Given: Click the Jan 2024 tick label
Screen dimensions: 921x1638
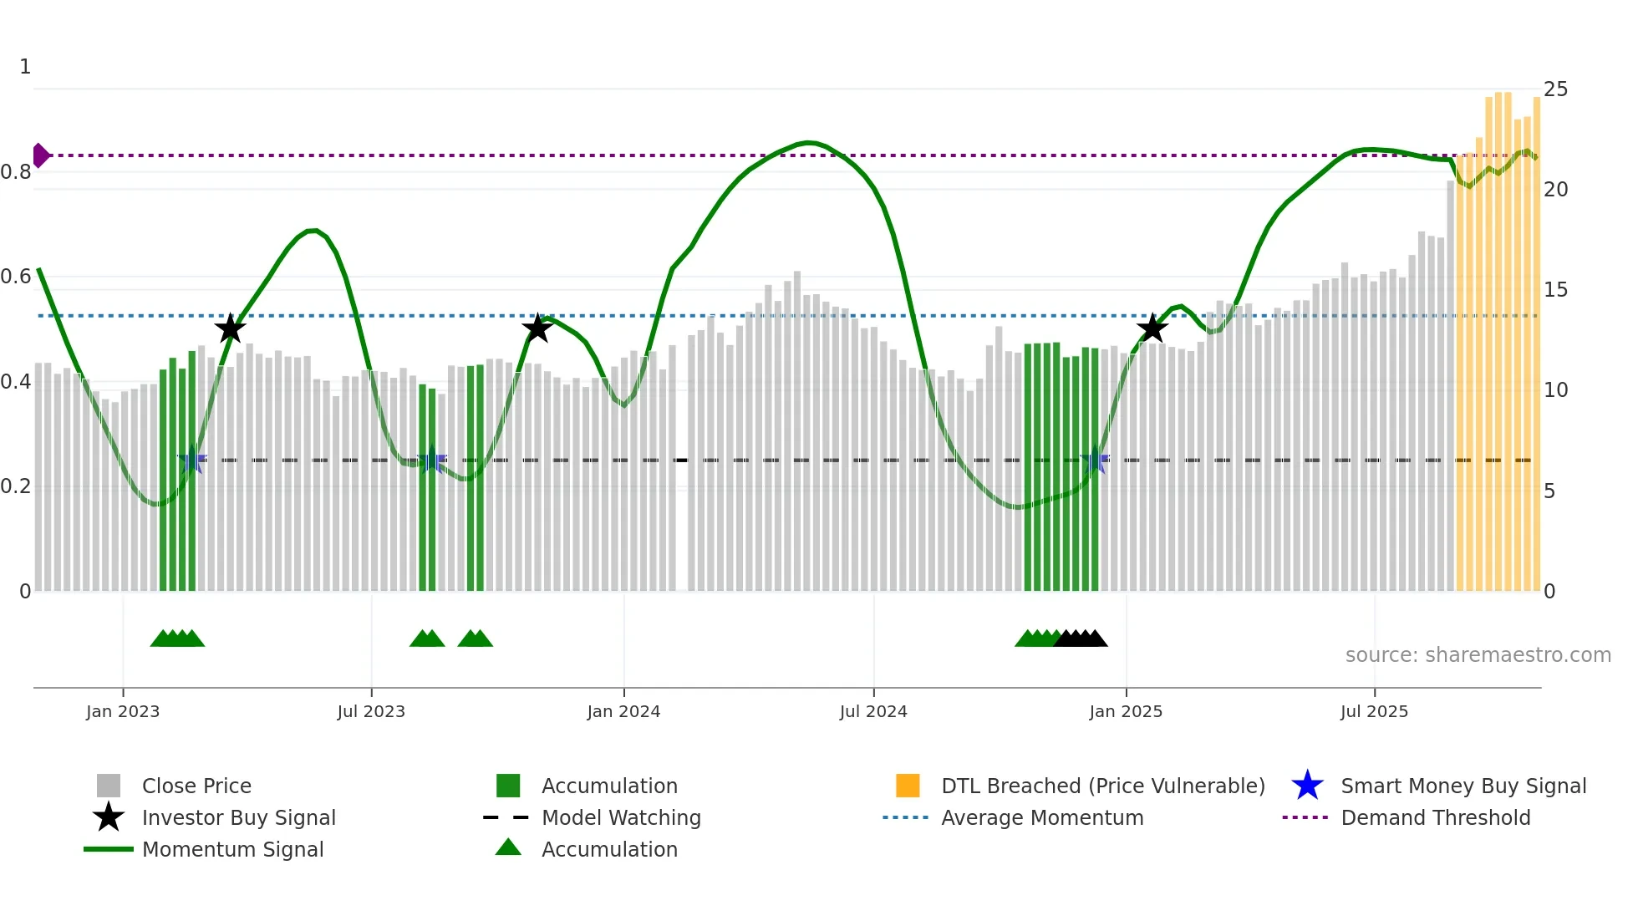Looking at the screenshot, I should point(623,711).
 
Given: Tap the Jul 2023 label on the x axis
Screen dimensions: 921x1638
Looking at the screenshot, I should point(371,711).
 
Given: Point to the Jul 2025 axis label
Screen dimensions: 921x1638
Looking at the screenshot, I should point(1374,711).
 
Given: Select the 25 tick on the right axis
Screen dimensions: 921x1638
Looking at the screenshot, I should point(1555,89).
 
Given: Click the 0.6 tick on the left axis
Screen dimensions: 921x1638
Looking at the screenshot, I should point(16,277).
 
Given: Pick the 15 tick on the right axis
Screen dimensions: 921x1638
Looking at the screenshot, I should point(1555,290).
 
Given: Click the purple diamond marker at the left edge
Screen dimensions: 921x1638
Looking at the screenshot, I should point(40,155).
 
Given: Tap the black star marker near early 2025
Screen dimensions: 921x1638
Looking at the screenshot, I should point(1152,328).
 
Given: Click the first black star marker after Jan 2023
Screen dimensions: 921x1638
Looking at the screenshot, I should point(230,328).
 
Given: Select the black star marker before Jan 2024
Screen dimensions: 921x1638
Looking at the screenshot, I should point(537,328).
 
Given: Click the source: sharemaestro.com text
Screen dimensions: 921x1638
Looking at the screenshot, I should point(1478,655).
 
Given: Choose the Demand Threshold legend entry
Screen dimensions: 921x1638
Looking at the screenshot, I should point(1435,818).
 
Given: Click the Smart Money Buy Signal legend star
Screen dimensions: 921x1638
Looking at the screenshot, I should point(1307,786).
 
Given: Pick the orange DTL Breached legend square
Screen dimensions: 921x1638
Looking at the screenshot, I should point(908,786).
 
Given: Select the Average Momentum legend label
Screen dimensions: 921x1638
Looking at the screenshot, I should point(1041,818).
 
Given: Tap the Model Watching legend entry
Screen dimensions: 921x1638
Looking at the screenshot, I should point(620,818).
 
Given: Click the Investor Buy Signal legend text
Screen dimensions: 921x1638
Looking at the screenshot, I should point(238,818).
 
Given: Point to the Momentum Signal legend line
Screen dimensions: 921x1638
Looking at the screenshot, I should point(109,850).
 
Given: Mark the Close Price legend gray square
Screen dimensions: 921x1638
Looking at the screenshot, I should point(109,786).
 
